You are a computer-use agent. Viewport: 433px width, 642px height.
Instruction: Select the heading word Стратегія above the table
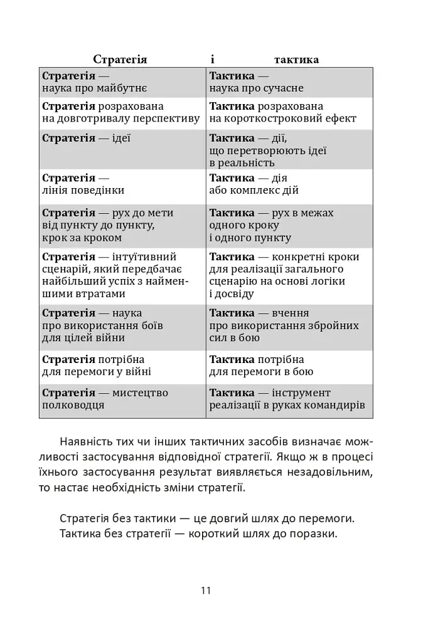pos(120,60)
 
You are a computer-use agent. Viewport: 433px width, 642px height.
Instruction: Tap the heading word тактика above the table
pos(296,60)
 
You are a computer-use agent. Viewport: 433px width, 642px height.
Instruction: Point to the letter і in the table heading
pos(213,60)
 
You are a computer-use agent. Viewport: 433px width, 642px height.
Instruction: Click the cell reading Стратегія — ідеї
pos(86,138)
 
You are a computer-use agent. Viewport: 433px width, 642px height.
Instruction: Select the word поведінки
pos(97,190)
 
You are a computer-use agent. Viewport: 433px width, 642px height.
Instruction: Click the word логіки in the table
pos(324,282)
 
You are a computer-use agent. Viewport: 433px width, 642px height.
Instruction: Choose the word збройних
pos(334,325)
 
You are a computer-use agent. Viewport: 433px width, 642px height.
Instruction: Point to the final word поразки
pos(315,534)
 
